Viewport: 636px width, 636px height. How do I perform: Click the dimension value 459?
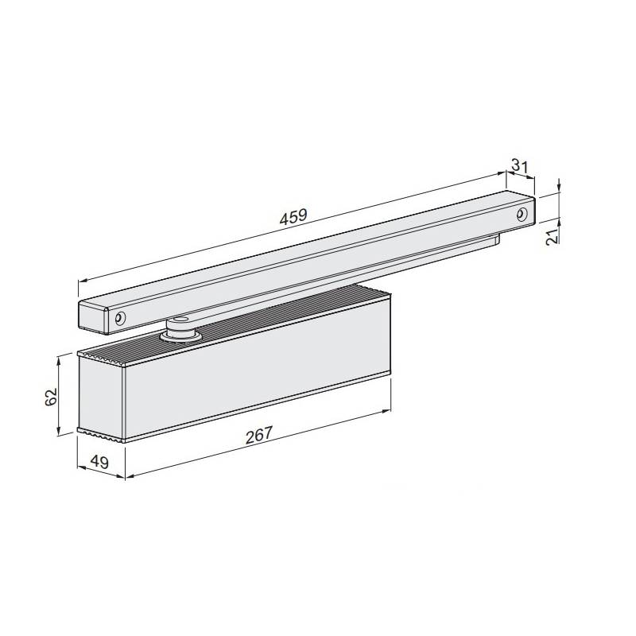point(293,216)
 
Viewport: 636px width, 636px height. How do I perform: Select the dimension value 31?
point(520,165)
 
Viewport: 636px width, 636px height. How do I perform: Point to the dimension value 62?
point(49,397)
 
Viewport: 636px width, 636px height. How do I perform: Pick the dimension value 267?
point(259,434)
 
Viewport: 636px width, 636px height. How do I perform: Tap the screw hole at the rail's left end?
point(119,318)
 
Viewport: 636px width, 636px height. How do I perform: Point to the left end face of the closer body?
point(102,397)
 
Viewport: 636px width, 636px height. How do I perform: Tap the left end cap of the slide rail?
point(93,315)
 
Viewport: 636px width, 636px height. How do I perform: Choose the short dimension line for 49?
point(101,474)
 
